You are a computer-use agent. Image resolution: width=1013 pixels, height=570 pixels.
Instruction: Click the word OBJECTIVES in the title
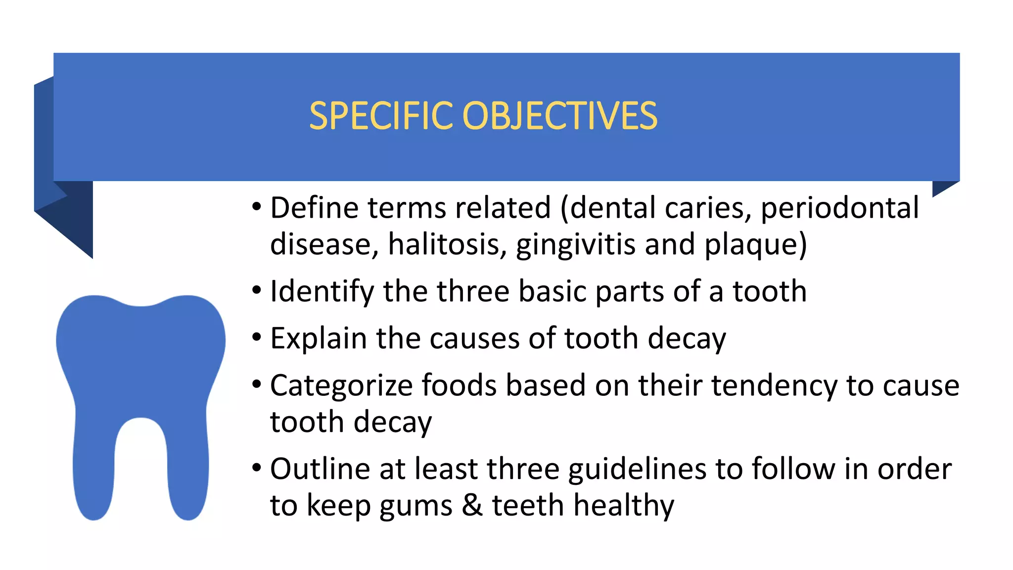point(559,116)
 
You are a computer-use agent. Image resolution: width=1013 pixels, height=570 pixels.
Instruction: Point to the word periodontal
point(839,209)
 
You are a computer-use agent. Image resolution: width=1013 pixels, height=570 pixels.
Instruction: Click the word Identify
point(322,291)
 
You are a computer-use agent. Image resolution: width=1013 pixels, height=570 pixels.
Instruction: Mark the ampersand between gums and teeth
point(472,505)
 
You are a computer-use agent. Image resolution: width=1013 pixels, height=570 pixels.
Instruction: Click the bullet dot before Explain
point(256,338)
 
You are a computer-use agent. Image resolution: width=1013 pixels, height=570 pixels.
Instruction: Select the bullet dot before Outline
point(256,468)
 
